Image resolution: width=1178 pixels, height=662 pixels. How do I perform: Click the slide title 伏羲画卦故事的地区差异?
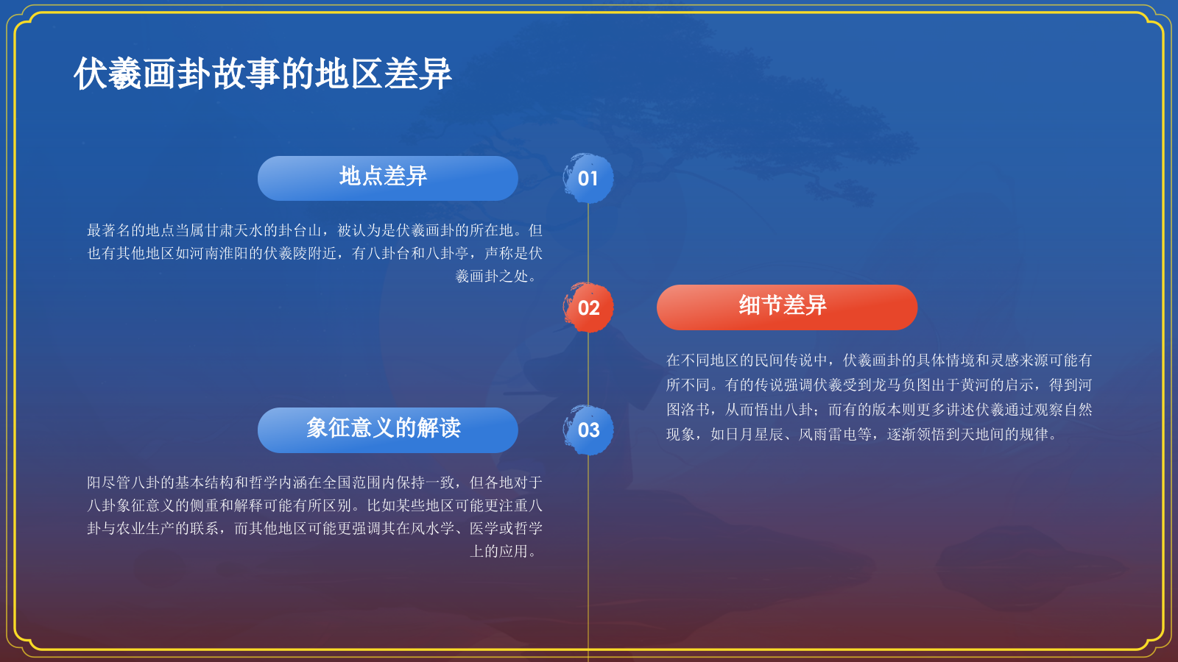coord(262,74)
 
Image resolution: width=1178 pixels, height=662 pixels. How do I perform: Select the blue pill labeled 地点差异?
coord(387,178)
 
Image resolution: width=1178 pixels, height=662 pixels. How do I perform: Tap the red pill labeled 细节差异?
coord(787,307)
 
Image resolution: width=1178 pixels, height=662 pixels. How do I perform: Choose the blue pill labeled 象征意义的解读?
coord(387,430)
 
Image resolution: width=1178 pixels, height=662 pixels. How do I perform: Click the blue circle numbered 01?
coord(588,178)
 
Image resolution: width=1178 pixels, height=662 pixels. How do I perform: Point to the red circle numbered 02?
coord(588,307)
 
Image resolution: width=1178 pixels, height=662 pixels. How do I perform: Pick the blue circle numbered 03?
coord(588,430)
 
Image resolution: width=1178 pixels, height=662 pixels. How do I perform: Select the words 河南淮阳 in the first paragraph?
coord(219,253)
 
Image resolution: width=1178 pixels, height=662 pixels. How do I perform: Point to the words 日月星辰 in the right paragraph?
coord(755,435)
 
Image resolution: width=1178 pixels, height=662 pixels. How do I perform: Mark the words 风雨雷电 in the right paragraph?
coord(828,435)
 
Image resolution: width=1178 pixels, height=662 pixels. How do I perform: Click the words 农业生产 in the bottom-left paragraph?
coord(146,528)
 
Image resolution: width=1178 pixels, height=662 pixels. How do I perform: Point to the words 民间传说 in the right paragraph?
coord(784,360)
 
